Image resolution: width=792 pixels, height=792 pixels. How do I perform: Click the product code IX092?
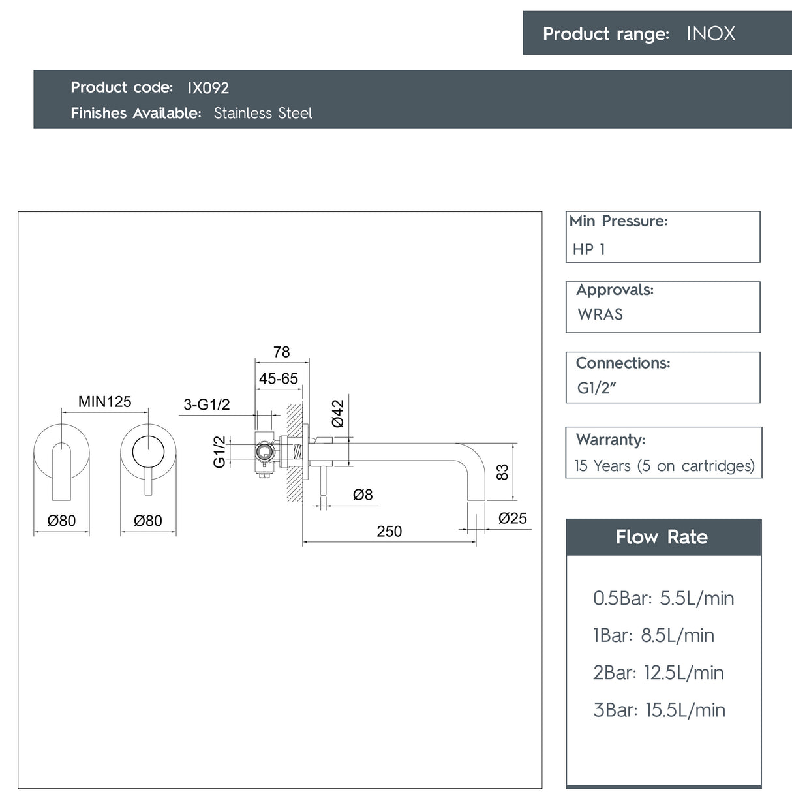point(208,87)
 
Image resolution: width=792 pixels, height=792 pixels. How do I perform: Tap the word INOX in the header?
point(710,34)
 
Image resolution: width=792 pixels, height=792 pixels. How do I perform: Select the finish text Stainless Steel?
point(263,113)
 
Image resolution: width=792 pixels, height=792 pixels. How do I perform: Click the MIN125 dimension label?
point(105,402)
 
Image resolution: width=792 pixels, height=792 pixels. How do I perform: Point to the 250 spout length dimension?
point(389,532)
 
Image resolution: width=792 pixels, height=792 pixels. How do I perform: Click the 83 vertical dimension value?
point(502,472)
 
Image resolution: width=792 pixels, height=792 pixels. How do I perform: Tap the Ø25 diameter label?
point(513,518)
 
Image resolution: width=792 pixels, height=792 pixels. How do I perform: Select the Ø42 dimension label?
point(337,414)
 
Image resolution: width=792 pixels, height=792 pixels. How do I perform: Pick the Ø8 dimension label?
point(363,495)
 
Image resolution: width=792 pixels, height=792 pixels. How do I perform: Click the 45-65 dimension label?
point(279,378)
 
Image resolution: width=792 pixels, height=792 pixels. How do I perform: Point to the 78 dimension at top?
point(282,352)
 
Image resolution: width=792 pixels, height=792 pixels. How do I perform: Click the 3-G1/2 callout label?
point(207,404)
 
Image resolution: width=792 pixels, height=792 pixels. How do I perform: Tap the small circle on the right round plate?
point(148,451)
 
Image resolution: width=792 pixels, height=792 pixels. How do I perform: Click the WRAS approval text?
point(600,314)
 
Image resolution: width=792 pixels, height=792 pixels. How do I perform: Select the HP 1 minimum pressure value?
point(588,249)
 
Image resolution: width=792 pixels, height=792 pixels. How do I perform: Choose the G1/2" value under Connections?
point(596,388)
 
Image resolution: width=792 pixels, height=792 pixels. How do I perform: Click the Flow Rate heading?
point(662,537)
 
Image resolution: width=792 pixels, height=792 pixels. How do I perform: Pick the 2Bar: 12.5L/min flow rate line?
point(658,673)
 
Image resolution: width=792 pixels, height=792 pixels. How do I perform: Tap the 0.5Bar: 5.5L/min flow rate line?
point(663,598)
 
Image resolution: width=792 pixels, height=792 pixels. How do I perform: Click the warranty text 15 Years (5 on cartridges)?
point(665,466)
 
